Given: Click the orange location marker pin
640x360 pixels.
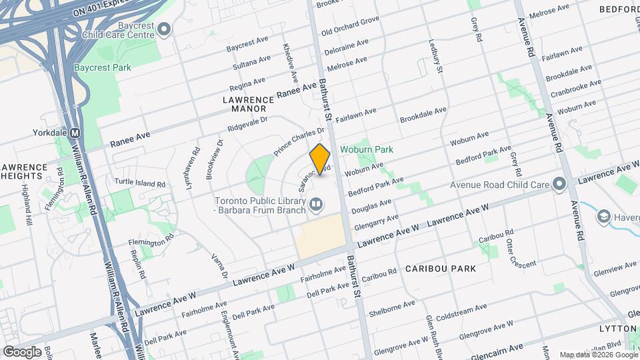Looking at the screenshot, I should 320,159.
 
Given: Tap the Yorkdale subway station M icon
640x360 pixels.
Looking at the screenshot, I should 75,133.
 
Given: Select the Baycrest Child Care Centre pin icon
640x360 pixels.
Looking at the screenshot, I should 164,29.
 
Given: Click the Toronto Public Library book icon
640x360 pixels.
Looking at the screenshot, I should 317,204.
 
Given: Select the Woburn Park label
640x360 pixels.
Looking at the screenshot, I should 366,150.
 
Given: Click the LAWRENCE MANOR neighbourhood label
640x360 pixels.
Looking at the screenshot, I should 244,103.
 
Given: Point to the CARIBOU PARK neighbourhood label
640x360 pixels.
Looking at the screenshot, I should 441,269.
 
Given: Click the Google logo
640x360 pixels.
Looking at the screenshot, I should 22,351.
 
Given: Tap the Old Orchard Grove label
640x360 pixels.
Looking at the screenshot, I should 349,27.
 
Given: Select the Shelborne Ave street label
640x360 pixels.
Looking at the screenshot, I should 391,307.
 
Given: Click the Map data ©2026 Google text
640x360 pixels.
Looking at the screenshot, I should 598,355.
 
